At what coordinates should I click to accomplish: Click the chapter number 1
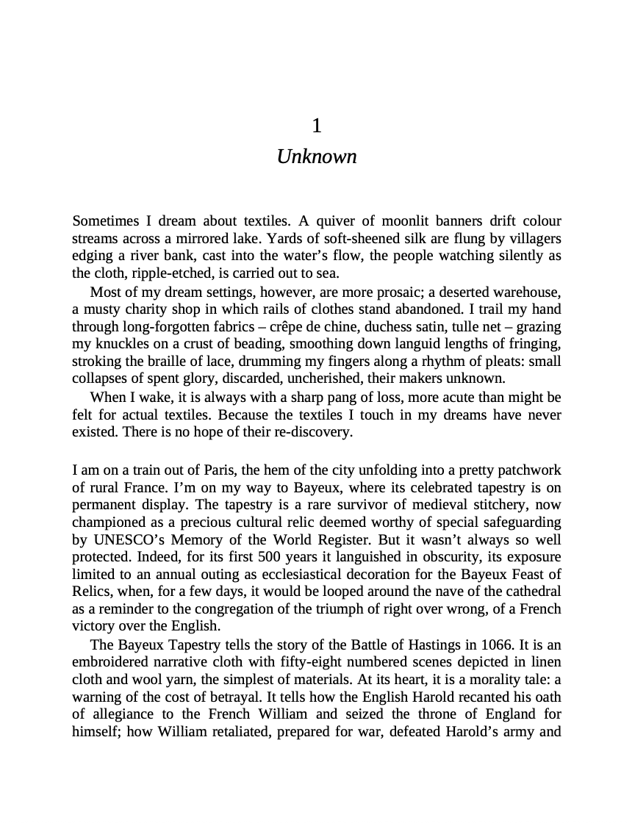coord(317,126)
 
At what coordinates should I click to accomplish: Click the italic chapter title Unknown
coord(317,157)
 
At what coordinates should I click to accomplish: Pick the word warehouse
coord(527,291)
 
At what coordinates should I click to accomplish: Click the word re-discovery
coord(316,432)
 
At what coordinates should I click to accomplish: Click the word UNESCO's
coord(130,540)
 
